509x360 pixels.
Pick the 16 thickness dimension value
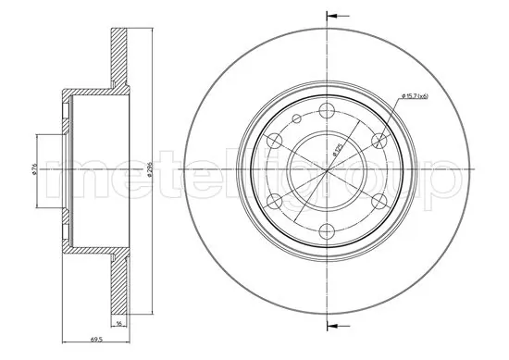click(x=118, y=327)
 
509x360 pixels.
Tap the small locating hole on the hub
click(x=295, y=119)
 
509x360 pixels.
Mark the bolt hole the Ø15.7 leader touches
click(x=379, y=140)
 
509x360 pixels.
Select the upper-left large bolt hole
click(x=274, y=140)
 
